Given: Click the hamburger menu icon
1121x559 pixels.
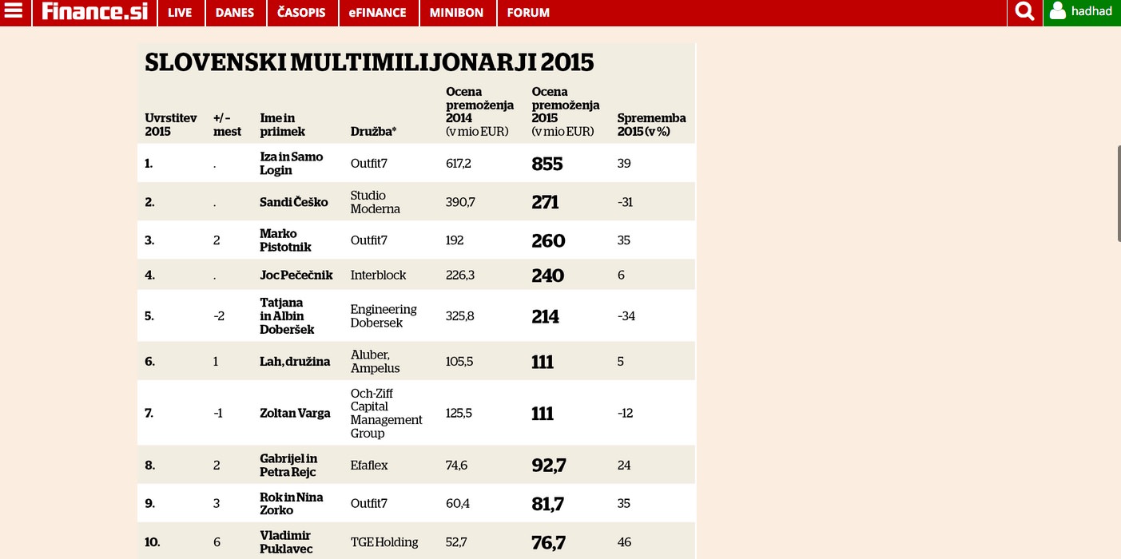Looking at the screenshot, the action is (x=14, y=10).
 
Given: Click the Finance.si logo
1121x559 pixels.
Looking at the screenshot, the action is (x=94, y=11).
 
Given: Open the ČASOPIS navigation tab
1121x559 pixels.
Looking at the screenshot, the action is (x=301, y=13).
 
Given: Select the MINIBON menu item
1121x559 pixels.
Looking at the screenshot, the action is (x=456, y=13).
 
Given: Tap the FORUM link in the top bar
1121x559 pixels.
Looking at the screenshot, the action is (x=528, y=13).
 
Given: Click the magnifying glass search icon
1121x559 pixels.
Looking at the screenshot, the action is (x=1024, y=11).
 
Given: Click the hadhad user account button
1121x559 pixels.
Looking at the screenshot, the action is (x=1082, y=12).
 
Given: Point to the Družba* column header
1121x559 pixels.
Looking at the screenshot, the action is (x=373, y=131).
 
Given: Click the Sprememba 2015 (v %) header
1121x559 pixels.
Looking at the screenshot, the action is (x=651, y=125).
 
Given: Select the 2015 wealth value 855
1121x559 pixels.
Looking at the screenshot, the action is (x=547, y=164).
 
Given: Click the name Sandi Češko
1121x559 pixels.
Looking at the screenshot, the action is (x=294, y=202).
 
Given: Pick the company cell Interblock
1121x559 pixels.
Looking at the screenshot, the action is (x=378, y=275).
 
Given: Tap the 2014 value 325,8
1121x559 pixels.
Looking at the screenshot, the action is (x=459, y=316).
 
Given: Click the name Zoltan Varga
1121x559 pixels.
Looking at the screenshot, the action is (x=295, y=413).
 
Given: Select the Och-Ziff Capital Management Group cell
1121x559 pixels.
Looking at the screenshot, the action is (x=386, y=413).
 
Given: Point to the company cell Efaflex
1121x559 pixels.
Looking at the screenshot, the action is (x=369, y=465).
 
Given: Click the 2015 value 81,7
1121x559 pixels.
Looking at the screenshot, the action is (x=547, y=504).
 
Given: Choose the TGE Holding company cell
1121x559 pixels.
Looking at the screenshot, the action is (x=384, y=542).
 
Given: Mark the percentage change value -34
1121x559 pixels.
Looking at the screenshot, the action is (x=626, y=316).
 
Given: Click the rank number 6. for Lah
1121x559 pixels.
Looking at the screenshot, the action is (x=149, y=361).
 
